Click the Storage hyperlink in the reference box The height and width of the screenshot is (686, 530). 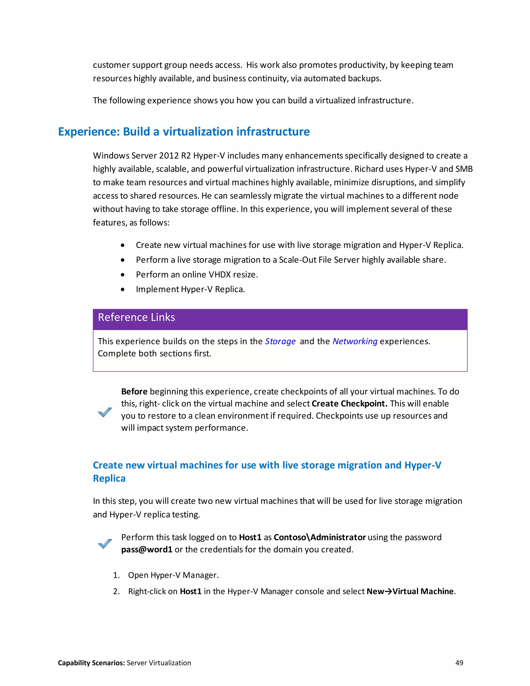tap(280, 341)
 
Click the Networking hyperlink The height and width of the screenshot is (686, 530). tap(355, 341)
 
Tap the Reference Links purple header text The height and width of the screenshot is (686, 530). tap(136, 317)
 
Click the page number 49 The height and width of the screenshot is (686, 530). tap(459, 663)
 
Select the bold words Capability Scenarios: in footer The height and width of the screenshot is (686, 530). tap(91, 663)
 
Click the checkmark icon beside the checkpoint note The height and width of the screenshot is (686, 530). tap(105, 412)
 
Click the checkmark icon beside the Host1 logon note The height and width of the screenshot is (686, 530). tap(105, 543)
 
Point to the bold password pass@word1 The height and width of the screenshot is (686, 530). tap(147, 549)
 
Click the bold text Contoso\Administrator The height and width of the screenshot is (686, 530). tap(320, 537)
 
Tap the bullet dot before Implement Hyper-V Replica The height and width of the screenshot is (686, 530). tap(122, 289)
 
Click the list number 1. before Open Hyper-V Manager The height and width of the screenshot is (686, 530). tap(116, 575)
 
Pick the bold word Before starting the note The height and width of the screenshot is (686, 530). tap(134, 391)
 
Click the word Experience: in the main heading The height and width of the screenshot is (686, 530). tap(89, 132)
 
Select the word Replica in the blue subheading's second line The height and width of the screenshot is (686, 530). tap(109, 478)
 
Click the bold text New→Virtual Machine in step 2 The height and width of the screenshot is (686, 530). tap(410, 591)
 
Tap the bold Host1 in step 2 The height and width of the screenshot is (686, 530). tap(190, 591)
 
